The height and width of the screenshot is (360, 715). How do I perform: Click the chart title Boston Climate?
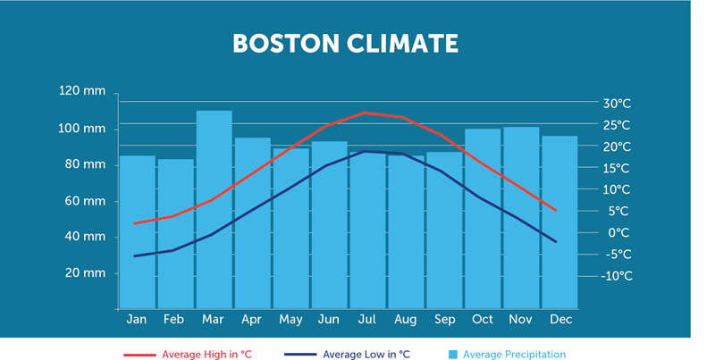(x=345, y=44)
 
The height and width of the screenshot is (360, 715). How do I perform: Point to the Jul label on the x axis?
(x=367, y=319)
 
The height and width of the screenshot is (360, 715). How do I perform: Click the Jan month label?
(x=137, y=319)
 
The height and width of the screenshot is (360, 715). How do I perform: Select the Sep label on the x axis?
(x=444, y=319)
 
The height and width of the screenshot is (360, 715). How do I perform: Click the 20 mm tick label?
(x=87, y=272)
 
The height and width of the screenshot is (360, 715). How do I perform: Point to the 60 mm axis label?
(x=87, y=200)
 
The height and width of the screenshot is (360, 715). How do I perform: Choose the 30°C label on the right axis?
(x=618, y=103)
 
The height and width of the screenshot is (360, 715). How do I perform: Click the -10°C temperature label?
(x=616, y=276)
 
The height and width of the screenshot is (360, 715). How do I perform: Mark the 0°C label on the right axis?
(x=619, y=232)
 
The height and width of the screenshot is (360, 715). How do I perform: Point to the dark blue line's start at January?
(x=135, y=256)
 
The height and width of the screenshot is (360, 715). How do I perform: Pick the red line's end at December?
(x=556, y=211)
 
